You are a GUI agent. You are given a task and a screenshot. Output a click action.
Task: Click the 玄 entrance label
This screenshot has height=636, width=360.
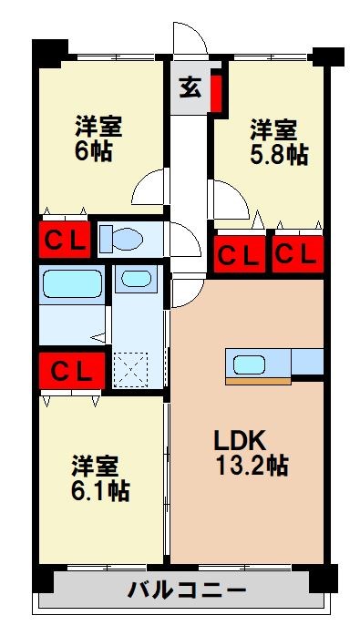pyautogui.click(x=190, y=87)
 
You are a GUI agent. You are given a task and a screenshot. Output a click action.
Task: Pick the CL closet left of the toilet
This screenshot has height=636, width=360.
pyautogui.click(x=64, y=241)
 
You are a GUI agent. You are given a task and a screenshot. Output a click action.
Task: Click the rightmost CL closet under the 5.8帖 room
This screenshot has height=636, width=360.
pyautogui.click(x=296, y=252)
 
